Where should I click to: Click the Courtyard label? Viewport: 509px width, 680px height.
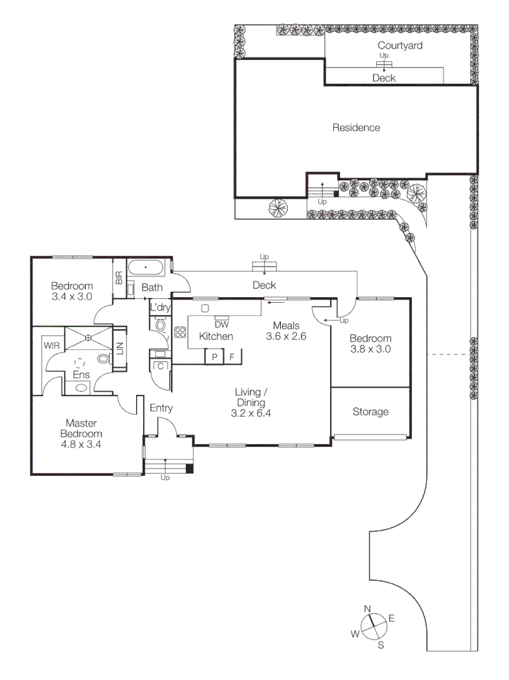point(399,45)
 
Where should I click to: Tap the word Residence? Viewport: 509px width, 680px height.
point(357,128)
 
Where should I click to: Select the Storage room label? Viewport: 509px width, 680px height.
point(370,412)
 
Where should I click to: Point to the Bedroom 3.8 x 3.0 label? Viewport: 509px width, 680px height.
point(370,343)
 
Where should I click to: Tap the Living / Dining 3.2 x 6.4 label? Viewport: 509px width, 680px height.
point(251,403)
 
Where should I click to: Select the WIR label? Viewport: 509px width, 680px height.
point(51,345)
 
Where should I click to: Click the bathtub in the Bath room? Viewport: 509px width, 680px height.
point(146,268)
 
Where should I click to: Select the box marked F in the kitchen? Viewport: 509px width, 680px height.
point(232,356)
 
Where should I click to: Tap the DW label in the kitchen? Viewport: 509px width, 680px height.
point(221,325)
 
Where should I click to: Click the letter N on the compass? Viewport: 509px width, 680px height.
point(368,608)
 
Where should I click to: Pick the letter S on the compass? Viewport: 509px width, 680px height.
point(380,645)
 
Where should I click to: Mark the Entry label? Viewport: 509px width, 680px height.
point(161,408)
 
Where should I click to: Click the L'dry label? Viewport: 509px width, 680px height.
point(159,307)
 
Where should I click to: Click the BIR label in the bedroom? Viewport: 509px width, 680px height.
point(118,278)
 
